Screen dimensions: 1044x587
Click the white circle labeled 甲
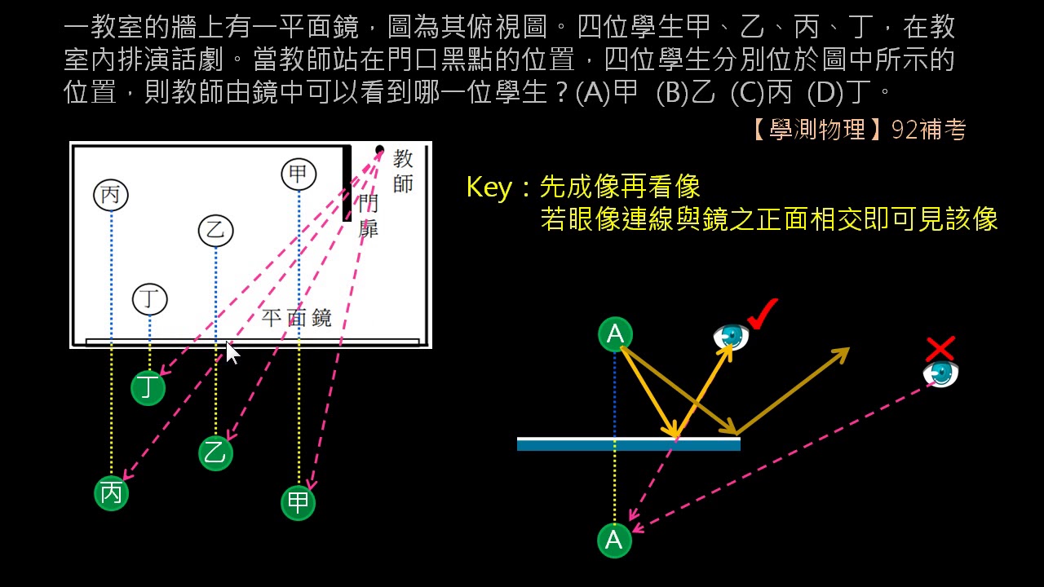(x=299, y=174)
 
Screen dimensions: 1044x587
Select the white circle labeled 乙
(x=216, y=231)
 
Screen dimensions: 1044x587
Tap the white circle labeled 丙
(x=111, y=195)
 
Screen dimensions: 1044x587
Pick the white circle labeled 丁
(x=149, y=299)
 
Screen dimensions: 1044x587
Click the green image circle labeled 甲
(x=299, y=503)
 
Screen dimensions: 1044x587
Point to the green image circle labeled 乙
(x=216, y=453)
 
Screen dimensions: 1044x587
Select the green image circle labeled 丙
(x=111, y=493)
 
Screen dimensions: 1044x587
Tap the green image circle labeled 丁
(x=148, y=388)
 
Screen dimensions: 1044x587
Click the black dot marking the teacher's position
(x=379, y=149)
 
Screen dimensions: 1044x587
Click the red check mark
(x=762, y=315)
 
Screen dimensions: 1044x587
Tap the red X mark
(x=940, y=350)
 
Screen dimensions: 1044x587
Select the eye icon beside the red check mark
(x=731, y=337)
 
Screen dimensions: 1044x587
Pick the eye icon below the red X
(x=940, y=374)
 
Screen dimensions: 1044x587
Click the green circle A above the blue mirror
(x=615, y=334)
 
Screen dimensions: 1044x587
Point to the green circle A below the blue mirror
(x=615, y=541)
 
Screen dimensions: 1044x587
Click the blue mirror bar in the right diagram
(x=629, y=444)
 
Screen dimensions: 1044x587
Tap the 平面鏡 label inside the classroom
(x=296, y=318)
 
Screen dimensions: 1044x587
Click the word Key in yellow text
(x=489, y=187)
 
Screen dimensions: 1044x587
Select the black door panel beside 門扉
(x=347, y=183)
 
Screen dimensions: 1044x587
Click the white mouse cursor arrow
(x=232, y=353)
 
